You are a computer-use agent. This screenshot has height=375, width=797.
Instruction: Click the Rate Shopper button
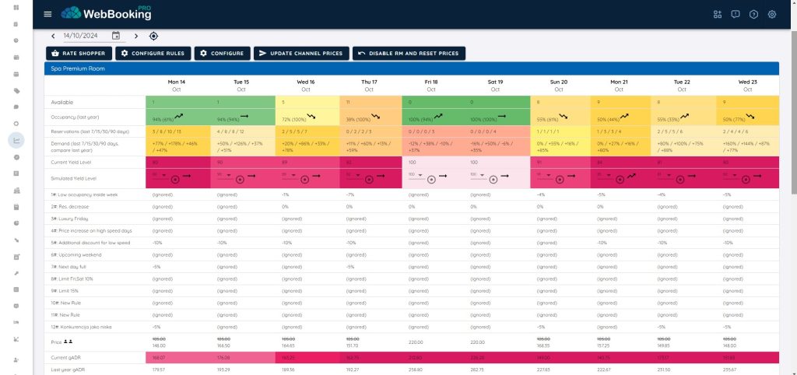(78, 53)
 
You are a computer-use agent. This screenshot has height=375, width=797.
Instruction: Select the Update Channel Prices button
(300, 53)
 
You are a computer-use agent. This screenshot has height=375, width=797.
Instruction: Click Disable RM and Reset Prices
(409, 53)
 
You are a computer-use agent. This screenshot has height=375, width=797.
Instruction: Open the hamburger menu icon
(48, 14)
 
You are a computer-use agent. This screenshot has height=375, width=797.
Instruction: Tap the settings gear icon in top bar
(772, 14)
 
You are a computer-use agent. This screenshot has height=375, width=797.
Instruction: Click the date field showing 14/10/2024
(86, 35)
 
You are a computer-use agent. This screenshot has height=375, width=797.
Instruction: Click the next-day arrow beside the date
(136, 36)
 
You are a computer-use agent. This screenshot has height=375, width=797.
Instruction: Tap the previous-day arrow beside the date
(53, 36)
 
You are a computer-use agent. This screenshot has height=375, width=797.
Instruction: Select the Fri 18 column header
(431, 85)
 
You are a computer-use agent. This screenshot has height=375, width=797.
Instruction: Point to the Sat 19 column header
(495, 85)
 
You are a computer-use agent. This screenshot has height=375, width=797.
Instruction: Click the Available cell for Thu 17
(370, 102)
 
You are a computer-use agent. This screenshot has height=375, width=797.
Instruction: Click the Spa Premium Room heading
(75, 68)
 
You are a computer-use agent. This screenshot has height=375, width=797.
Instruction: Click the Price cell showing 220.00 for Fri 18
(414, 342)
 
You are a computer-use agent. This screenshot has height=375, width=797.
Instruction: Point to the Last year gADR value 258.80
(414, 369)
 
